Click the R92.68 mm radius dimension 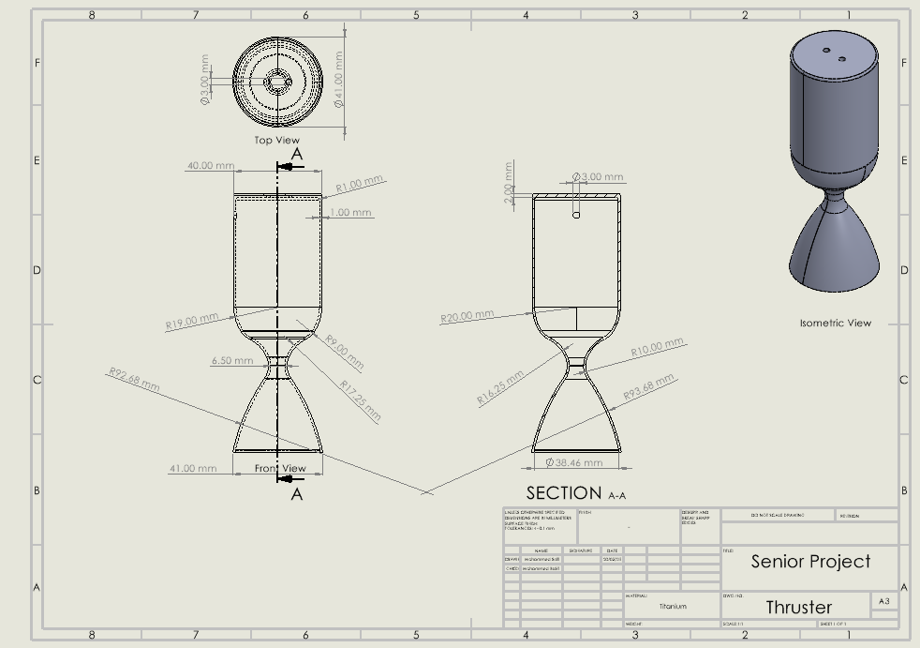(135, 380)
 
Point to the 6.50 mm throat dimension (232, 360)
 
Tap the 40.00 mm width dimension (211, 165)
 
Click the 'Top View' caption (277, 141)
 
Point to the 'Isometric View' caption (835, 324)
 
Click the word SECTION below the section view (564, 493)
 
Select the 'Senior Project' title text (810, 562)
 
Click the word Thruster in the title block (799, 607)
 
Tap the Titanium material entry (673, 607)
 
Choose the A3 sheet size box (883, 601)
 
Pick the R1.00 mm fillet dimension (360, 183)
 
